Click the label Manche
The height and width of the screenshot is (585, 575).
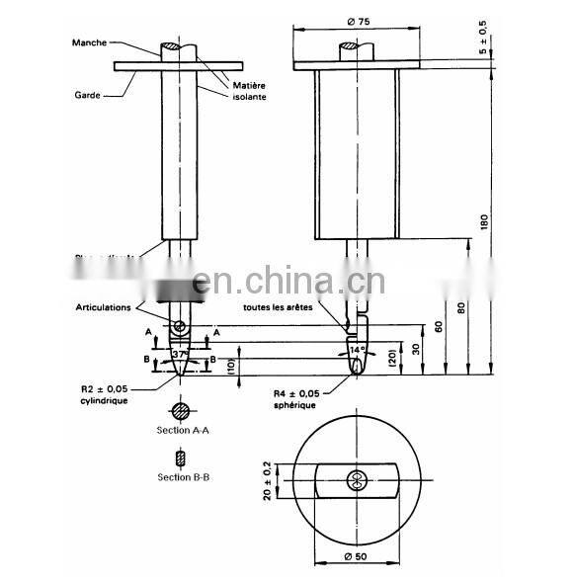click(x=89, y=42)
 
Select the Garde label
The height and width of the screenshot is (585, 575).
click(x=87, y=96)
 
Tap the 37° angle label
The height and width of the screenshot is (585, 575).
click(x=179, y=354)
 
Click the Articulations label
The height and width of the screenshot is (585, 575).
click(x=103, y=307)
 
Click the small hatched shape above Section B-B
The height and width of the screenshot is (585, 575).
click(x=179, y=459)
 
